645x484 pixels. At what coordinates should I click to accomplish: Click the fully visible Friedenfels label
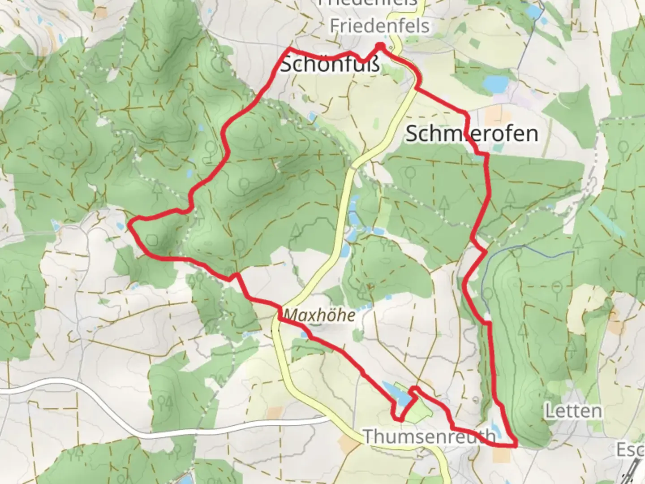pyautogui.click(x=379, y=26)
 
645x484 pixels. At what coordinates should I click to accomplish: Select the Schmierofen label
pyautogui.click(x=472, y=134)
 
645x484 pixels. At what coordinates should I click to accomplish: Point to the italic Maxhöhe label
pyautogui.click(x=320, y=315)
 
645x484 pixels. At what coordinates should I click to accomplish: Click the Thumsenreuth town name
pyautogui.click(x=430, y=436)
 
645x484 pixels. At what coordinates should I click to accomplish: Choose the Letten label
pyautogui.click(x=573, y=411)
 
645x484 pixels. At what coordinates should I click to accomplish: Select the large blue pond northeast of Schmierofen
pyautogui.click(x=495, y=83)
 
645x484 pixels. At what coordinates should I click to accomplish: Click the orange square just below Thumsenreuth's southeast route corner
pyautogui.click(x=501, y=455)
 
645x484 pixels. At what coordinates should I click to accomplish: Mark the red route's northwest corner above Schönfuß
pyautogui.click(x=289, y=48)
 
